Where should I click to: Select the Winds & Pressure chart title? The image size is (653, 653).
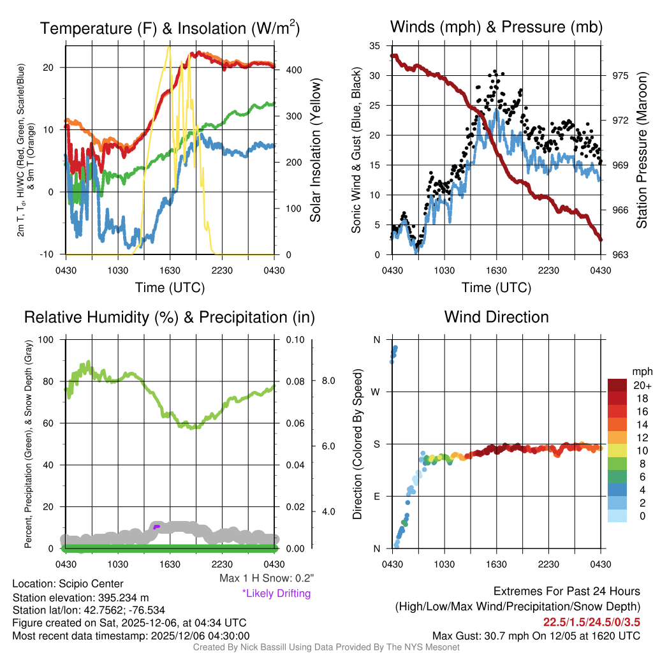497,27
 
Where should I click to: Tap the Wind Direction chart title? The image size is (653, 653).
497,317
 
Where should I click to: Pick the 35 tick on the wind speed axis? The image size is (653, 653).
375,46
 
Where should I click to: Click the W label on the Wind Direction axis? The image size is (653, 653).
376,392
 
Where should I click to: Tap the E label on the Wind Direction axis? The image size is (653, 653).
377,496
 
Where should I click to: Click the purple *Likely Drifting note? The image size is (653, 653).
276,594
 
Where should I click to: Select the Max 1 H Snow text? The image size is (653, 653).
266,578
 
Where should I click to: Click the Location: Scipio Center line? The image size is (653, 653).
68,583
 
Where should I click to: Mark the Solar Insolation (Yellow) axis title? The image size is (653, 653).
316,150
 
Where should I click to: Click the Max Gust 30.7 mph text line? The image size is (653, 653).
536,635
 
